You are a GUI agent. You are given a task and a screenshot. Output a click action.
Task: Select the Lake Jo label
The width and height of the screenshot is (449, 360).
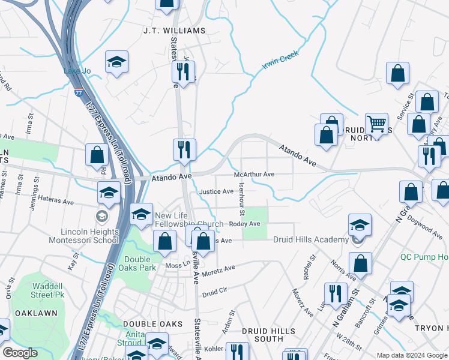pos(77,71)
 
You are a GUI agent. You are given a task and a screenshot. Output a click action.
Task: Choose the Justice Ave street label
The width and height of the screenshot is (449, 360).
pos(216,191)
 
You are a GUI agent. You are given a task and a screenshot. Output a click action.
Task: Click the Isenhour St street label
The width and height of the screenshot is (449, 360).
pos(241,200)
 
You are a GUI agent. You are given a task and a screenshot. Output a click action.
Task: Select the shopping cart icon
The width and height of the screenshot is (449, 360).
pos(376,124)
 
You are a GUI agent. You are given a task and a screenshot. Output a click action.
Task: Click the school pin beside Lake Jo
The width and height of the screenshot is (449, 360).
pos(116,62)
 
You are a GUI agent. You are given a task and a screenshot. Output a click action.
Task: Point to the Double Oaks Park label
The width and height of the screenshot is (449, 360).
pos(137,265)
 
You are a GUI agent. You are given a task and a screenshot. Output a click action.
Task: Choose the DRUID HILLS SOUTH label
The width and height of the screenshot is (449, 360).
pos(268,335)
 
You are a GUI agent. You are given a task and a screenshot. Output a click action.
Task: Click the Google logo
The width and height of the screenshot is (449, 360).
pos(20,353)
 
